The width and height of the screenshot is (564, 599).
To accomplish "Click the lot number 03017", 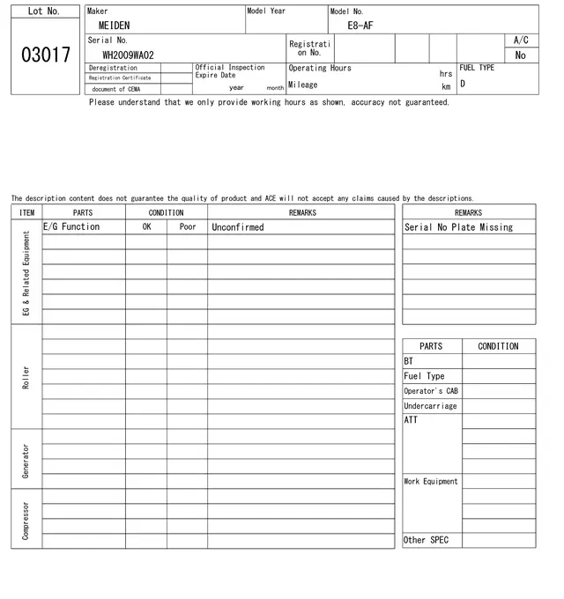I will [x=45, y=55].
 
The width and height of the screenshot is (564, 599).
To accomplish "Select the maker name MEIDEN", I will [x=114, y=26].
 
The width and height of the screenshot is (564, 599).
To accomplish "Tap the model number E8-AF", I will [x=360, y=26].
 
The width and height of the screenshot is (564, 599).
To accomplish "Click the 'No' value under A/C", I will [x=520, y=55].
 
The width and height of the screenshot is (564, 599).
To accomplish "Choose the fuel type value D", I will [x=463, y=85].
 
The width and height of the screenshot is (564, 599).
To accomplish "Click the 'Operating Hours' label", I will [x=320, y=68].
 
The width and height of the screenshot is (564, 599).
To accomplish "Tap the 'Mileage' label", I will [x=303, y=85].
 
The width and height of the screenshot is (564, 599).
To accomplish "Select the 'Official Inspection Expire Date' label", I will [x=229, y=71].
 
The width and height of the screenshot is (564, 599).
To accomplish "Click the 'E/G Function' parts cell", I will [x=72, y=226].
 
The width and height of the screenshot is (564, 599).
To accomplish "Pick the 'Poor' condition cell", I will [x=187, y=226].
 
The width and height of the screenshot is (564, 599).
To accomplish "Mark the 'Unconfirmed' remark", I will [x=238, y=227].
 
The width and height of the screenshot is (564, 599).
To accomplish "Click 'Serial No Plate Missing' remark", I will [x=458, y=227].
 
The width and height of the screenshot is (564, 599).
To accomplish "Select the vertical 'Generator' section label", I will [x=26, y=461].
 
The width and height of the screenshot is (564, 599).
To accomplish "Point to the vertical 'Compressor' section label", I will [x=26, y=520].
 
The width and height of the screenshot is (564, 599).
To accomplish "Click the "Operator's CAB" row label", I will [x=431, y=391].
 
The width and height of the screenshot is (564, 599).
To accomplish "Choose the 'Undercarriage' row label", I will [x=430, y=406].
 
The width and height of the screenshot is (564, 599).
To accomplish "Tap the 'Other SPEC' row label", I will [x=427, y=540].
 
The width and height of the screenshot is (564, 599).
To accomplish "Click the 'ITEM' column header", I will [x=26, y=212].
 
